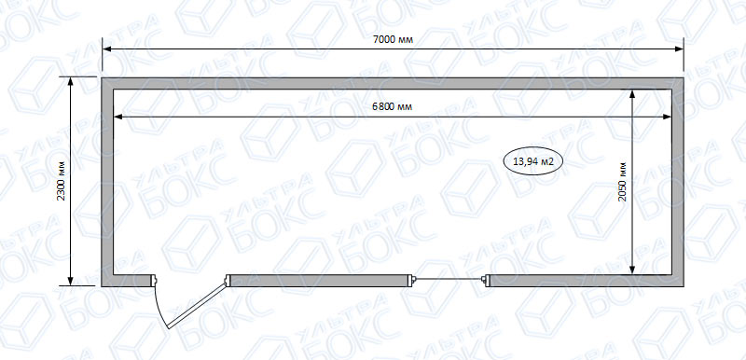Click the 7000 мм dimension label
pyautogui.click(x=393, y=40)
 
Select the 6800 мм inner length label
pyautogui.click(x=392, y=107)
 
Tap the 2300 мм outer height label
pyautogui.click(x=61, y=180)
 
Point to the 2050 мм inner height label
pyautogui.click(x=622, y=182)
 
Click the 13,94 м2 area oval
pyautogui.click(x=533, y=161)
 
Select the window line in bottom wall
pyautogui.click(x=449, y=279)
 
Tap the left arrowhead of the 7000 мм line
pyautogui.click(x=106, y=49)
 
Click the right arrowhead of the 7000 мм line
pyautogui.click(x=679, y=49)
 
